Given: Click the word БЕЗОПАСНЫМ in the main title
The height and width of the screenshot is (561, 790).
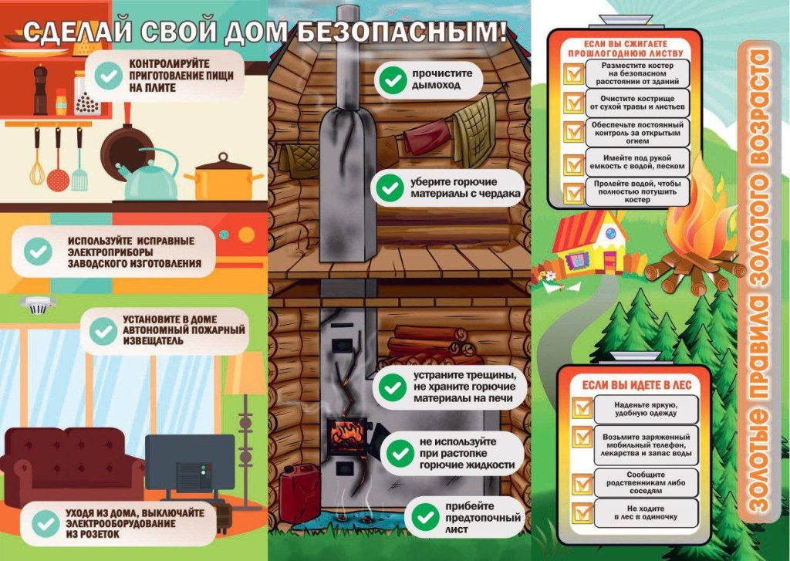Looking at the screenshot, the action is (x=401, y=32).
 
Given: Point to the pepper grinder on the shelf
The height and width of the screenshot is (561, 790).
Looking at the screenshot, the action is (x=40, y=91).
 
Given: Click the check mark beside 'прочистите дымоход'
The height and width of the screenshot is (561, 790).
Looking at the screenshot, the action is (x=393, y=79).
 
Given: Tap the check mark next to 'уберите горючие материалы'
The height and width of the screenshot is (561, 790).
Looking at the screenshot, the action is (x=390, y=188).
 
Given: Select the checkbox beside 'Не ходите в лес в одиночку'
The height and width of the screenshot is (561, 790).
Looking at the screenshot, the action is (x=582, y=512).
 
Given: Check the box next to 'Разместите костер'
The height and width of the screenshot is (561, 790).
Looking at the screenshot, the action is (x=574, y=73).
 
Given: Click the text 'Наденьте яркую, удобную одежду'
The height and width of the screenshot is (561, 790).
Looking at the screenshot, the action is (x=646, y=409).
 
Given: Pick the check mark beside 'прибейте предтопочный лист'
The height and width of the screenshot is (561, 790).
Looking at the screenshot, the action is (x=426, y=517).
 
